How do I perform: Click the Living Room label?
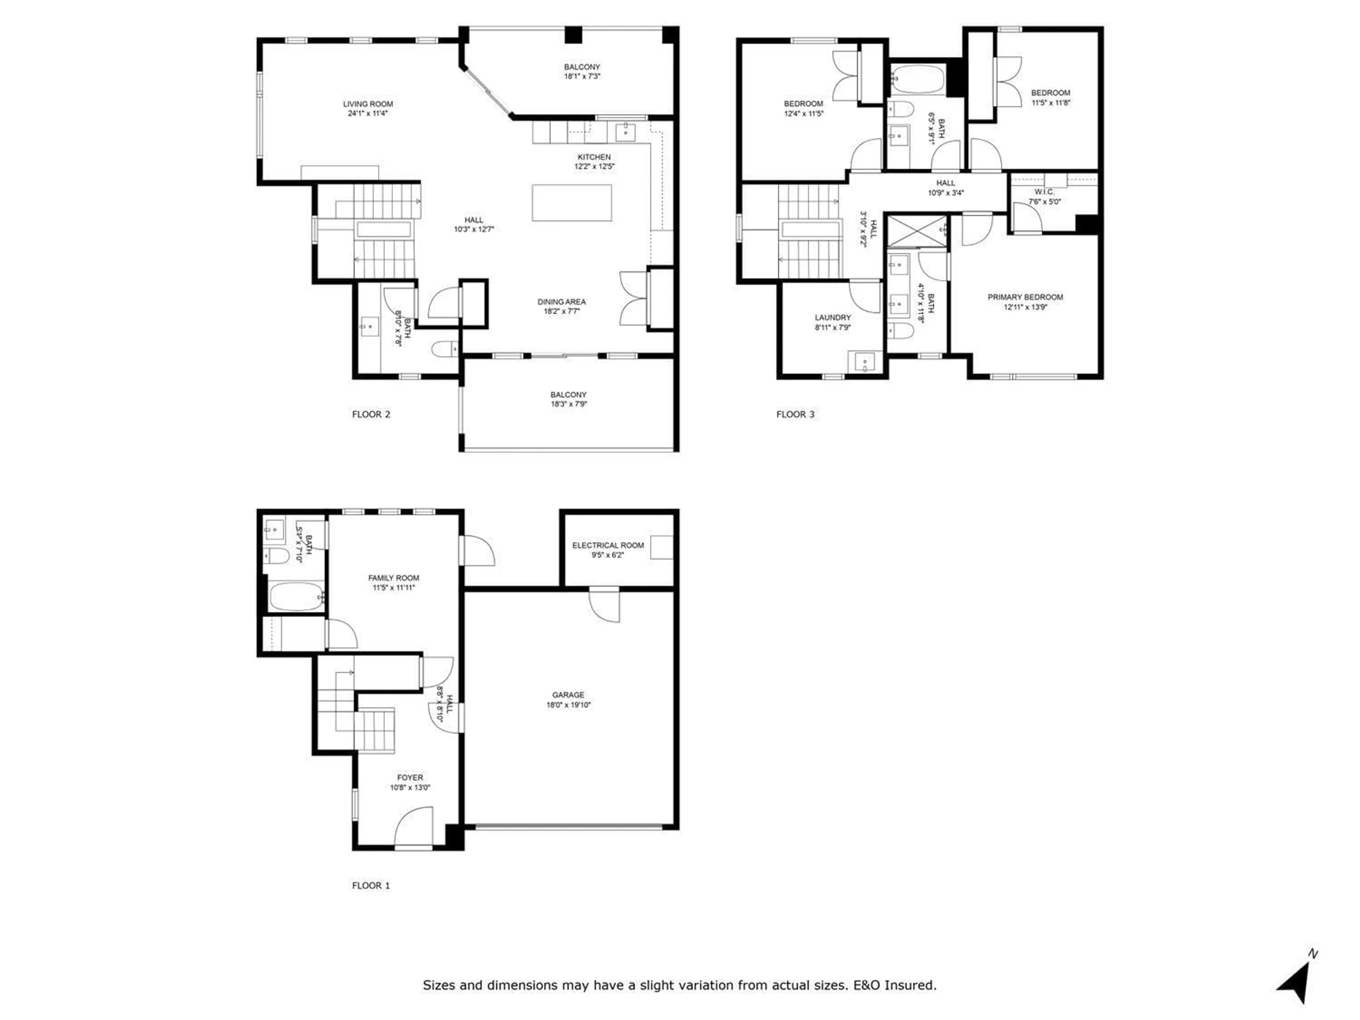coord(368,104)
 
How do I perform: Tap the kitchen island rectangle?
coord(571,202)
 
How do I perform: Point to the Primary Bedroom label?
coord(1025,297)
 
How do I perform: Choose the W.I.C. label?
coord(1044,192)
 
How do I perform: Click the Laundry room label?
coord(833,317)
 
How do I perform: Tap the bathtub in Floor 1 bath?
coord(296,596)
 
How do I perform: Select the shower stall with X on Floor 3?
coord(917,231)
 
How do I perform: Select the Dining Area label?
coord(561,301)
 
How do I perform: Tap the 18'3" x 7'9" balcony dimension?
coord(568,404)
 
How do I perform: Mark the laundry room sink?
coord(865,362)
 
